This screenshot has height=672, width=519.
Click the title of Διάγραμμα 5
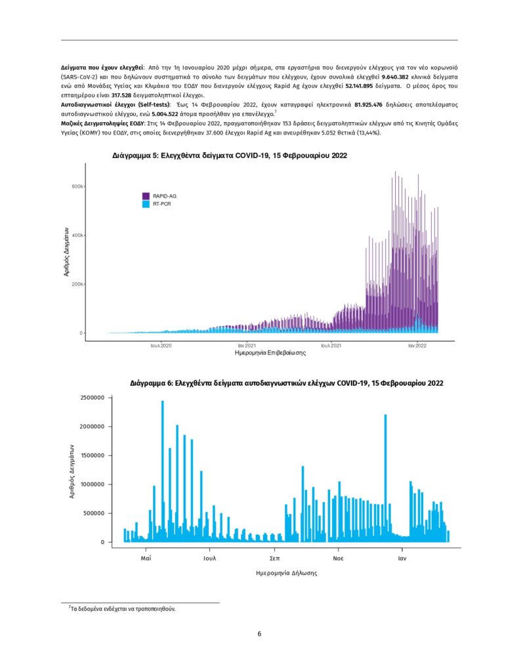click(229, 156)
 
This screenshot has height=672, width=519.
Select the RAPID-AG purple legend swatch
click(146, 196)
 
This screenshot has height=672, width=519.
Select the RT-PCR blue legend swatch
click(146, 205)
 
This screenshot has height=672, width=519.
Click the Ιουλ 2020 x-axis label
click(161, 345)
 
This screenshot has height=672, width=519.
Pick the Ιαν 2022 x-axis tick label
click(417, 345)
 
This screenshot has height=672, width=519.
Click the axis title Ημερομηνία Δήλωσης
click(287, 573)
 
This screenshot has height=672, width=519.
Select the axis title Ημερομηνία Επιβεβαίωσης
click(270, 353)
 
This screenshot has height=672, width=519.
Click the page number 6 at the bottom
click(260, 634)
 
